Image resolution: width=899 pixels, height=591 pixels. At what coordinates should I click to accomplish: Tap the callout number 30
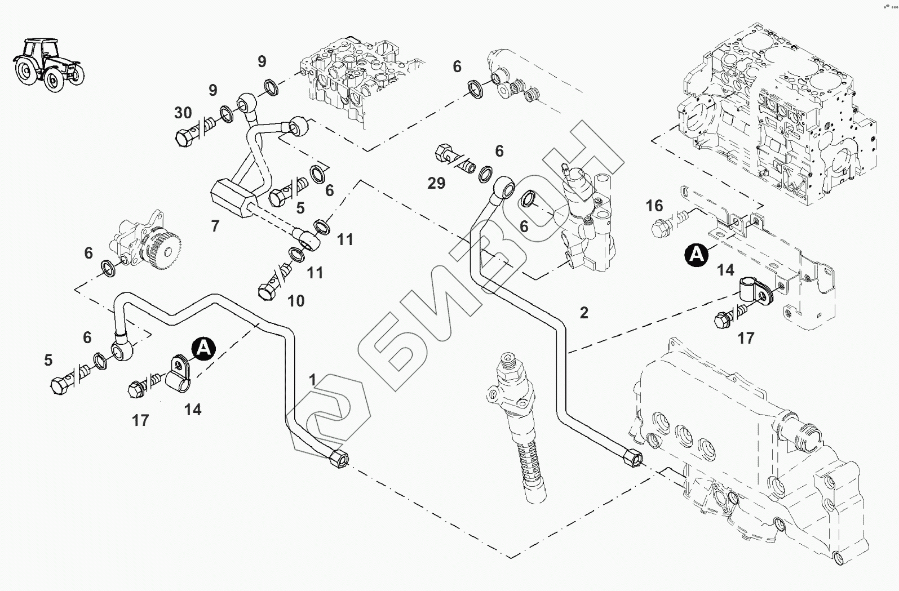[183, 113]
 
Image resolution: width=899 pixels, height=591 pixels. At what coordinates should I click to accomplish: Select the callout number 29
[436, 183]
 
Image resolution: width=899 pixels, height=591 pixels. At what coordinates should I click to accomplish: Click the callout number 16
[654, 206]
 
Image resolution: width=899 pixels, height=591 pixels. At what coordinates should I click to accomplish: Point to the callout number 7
[215, 226]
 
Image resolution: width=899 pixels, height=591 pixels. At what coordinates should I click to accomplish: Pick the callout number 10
[296, 301]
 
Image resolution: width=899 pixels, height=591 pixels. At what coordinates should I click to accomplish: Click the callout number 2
[584, 313]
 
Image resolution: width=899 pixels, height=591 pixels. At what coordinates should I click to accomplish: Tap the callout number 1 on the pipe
[313, 379]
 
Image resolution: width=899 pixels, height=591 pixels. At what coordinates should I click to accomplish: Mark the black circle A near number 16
[697, 255]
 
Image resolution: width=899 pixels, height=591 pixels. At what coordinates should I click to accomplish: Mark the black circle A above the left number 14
[203, 348]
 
